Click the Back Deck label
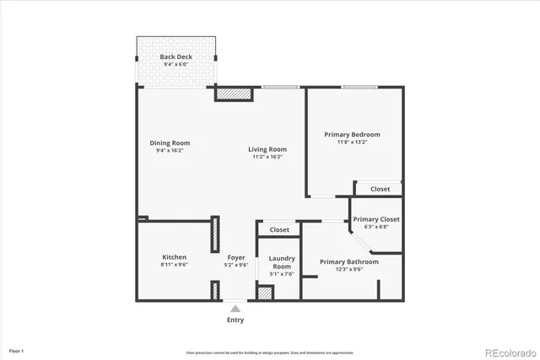coord(176,57)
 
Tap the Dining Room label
coord(170,142)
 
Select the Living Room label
coord(265,150)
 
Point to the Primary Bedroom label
coord(352,135)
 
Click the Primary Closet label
coord(376,219)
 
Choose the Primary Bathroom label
coord(348,261)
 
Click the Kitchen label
coord(175,257)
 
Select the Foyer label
coord(236,257)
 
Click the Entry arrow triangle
coord(235,309)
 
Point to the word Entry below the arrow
coord(235,320)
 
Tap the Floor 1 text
coord(17,350)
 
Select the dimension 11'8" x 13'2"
coord(352,142)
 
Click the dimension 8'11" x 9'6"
coord(175,265)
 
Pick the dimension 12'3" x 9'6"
coord(348,270)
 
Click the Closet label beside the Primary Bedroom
coord(380,189)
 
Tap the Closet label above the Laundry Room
coord(279,229)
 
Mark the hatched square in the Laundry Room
coord(265,294)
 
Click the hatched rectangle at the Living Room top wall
coord(234,94)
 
